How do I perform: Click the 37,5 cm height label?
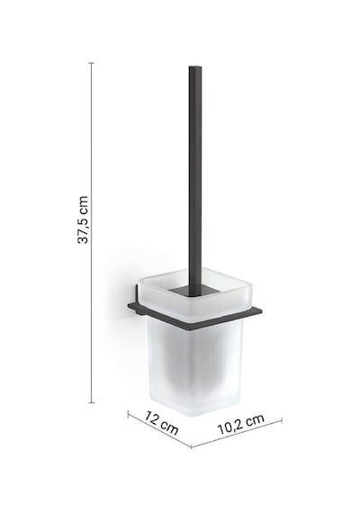click(x=83, y=220)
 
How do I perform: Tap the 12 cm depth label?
click(x=162, y=423)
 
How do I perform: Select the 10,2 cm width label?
click(x=240, y=424)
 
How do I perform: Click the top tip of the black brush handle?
click(x=195, y=67)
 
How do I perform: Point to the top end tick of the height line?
click(x=92, y=63)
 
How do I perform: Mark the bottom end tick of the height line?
click(x=92, y=402)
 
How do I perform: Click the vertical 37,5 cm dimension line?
click(x=92, y=232)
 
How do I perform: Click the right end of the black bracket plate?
click(x=261, y=310)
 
